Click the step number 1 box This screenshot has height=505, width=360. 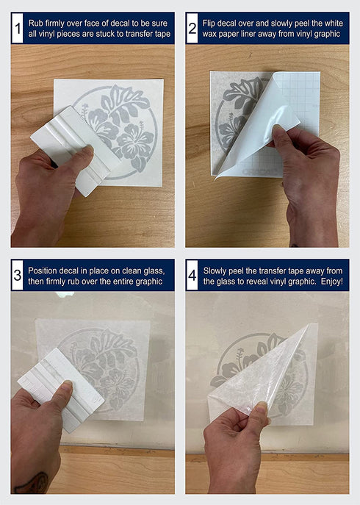click(x=18, y=28)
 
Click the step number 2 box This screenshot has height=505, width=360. click(x=192, y=28)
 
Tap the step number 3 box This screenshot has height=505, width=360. click(x=18, y=276)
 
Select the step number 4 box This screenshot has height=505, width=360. click(x=192, y=276)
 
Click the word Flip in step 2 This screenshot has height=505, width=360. click(x=209, y=24)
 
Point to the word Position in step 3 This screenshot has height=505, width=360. click(x=43, y=271)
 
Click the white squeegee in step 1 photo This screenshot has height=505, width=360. click(x=76, y=151)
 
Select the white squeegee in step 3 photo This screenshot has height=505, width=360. click(x=61, y=390)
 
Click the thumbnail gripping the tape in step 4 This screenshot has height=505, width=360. click(x=261, y=408)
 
